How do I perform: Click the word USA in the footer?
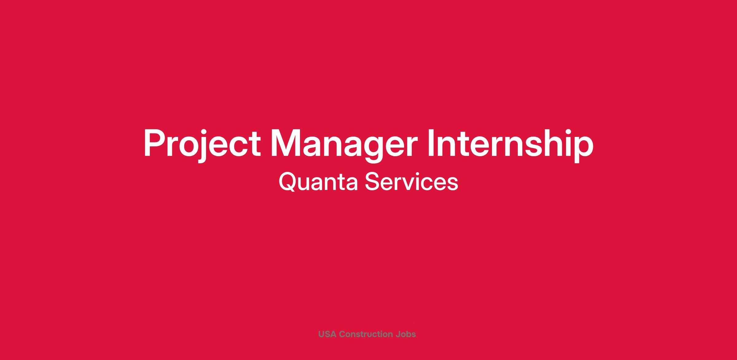pyautogui.click(x=327, y=334)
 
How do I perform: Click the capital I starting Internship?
pyautogui.click(x=431, y=143)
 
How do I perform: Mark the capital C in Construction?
pyautogui.click(x=342, y=334)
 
